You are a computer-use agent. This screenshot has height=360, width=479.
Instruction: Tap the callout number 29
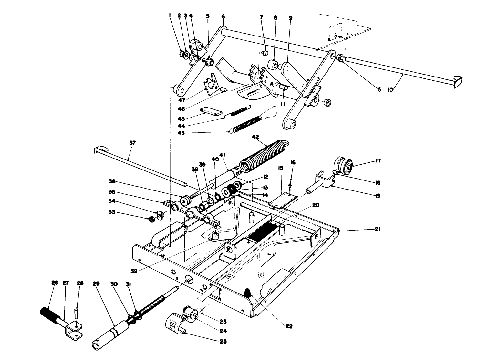point(96,283)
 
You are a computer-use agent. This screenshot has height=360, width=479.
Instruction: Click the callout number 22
point(289,326)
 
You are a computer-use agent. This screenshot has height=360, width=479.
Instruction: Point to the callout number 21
point(378,229)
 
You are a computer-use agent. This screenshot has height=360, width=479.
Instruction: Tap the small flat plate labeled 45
point(212,111)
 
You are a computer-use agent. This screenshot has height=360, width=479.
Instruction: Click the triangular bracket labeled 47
point(211,85)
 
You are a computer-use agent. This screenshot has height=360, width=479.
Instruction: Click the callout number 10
point(390,90)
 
